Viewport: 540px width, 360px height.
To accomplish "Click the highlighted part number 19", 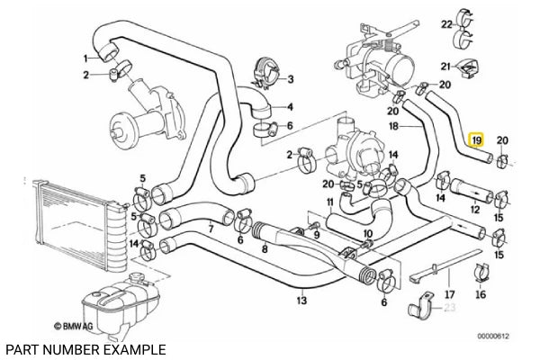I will (x=477, y=140).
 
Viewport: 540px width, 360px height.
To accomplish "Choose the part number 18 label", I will (x=392, y=128).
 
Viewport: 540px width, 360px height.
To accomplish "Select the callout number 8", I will (x=264, y=248).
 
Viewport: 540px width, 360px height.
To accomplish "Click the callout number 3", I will (x=290, y=79).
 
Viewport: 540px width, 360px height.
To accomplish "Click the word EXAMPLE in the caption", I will (x=135, y=347).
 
